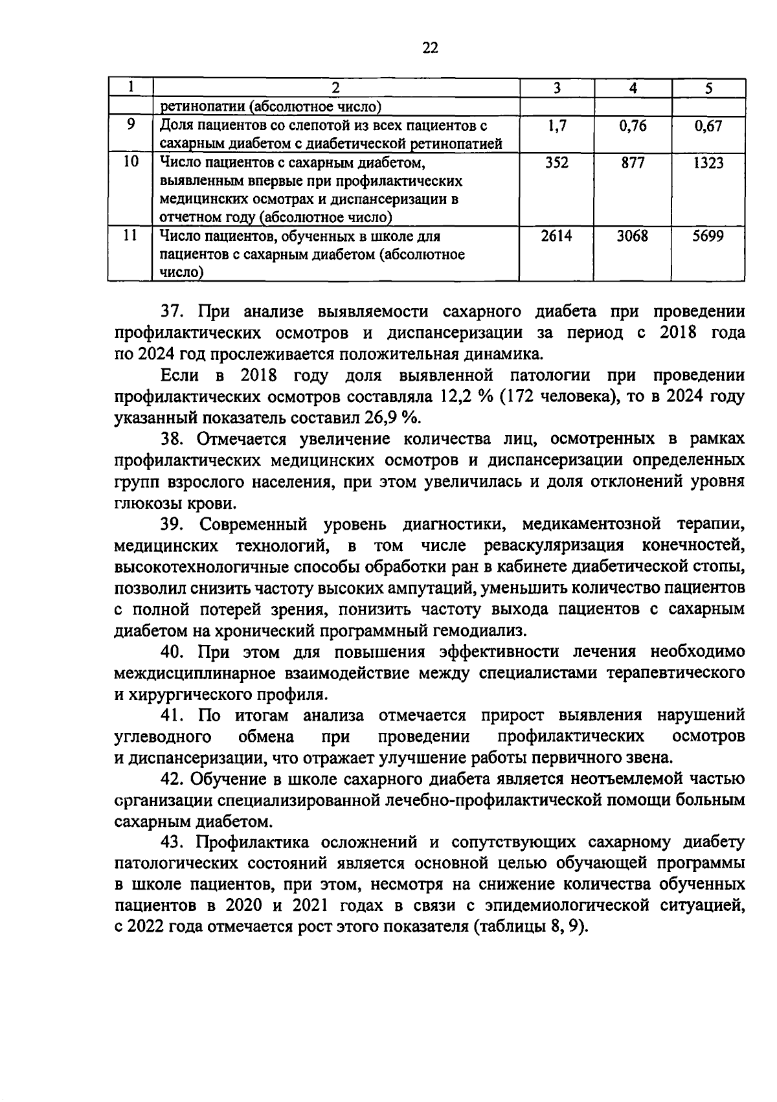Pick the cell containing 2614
[x=557, y=236]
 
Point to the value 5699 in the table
[x=708, y=236]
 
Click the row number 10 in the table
[x=131, y=162]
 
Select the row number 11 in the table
[x=131, y=236]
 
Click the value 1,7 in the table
[x=557, y=126]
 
